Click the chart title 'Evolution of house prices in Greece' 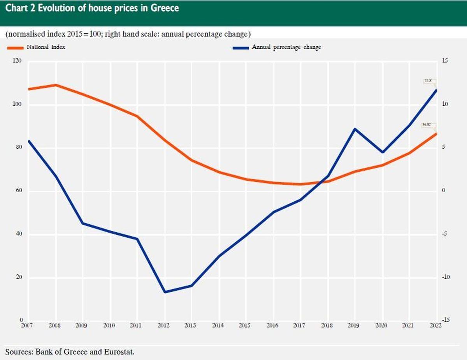click(x=92, y=8)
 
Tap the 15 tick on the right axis click(x=445, y=61)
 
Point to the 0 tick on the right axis click(x=443, y=191)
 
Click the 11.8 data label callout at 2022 click(x=428, y=81)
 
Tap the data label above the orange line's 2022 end click(x=427, y=125)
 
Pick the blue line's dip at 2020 click(x=382, y=152)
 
